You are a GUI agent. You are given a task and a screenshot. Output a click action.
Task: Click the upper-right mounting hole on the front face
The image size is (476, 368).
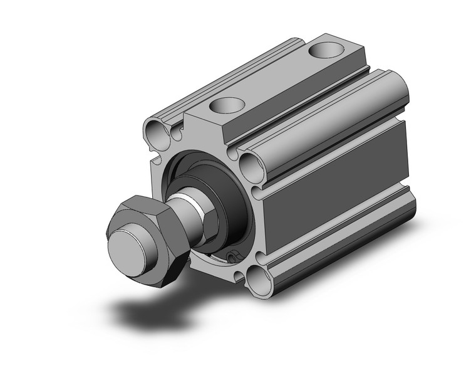tap(251, 167)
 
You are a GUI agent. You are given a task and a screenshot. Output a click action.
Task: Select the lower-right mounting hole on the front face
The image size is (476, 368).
tap(257, 277)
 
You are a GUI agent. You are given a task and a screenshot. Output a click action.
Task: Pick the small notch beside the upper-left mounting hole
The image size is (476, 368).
tap(177, 132)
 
